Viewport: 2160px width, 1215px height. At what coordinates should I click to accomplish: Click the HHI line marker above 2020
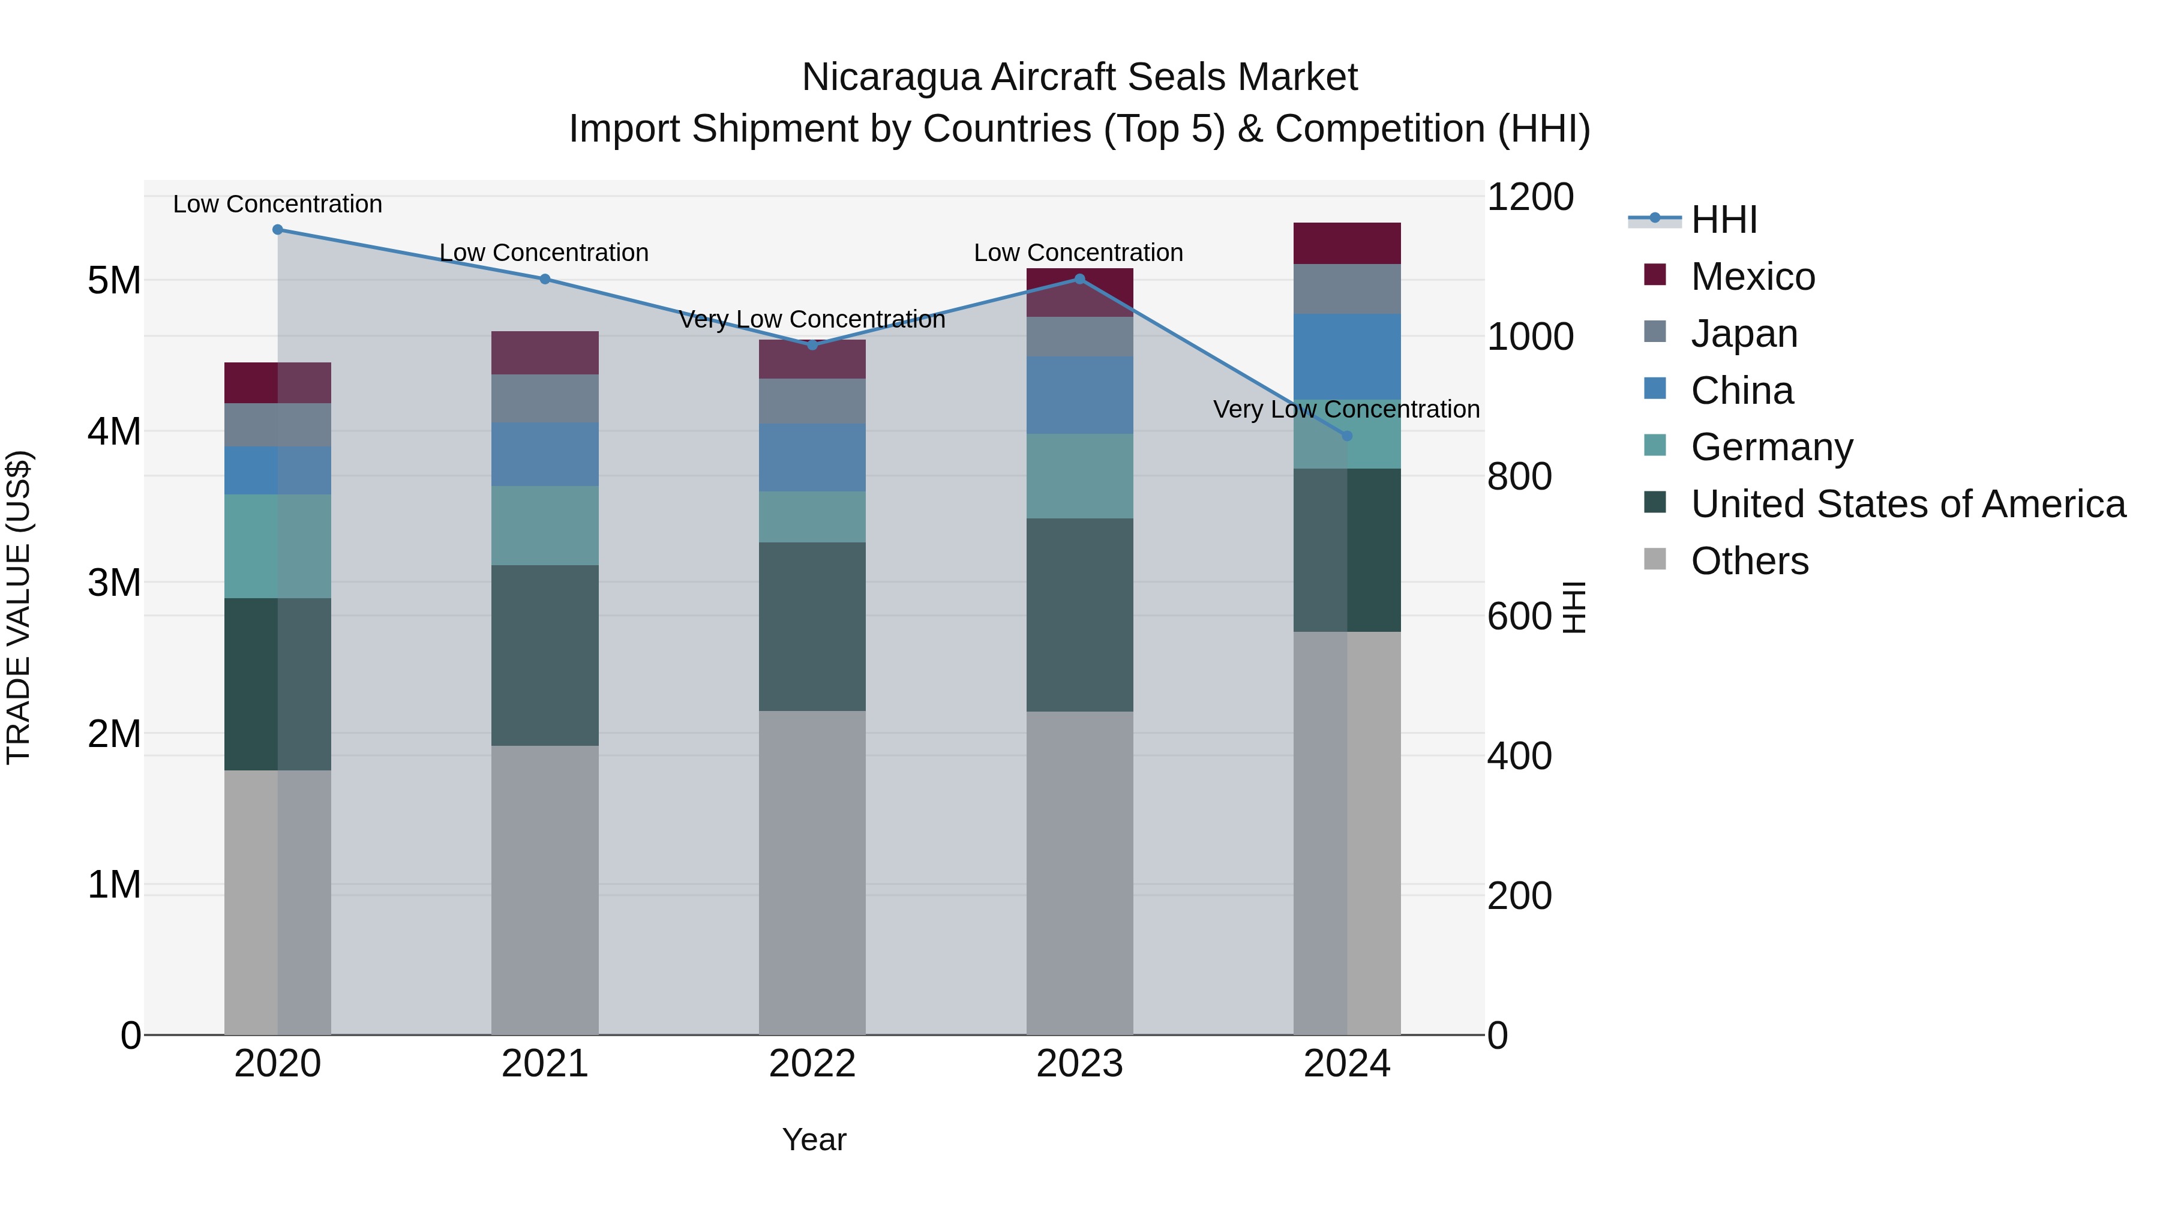pos(278,230)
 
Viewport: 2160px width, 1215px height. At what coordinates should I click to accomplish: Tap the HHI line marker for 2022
pos(812,344)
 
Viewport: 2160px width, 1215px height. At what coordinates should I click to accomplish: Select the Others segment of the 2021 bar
pos(544,889)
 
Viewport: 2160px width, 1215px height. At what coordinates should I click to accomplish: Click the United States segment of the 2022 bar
pos(812,626)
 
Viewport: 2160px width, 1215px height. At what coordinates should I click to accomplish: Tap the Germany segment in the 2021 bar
pos(544,526)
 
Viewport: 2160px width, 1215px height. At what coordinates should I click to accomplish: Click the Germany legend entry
pos(1771,447)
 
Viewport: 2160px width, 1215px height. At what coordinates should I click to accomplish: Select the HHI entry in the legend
pos(1723,220)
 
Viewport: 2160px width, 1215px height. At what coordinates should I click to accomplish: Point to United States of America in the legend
pos(1907,504)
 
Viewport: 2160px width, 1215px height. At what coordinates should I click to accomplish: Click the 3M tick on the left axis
pos(114,583)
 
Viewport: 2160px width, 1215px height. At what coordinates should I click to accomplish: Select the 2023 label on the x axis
pos(1079,1064)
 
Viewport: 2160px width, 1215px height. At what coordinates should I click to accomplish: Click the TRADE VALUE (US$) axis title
pos(19,607)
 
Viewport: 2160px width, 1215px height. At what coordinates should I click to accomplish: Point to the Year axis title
pos(814,1139)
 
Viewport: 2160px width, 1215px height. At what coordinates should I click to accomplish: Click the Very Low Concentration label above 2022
pos(812,319)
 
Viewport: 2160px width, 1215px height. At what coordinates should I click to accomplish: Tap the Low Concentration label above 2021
pos(544,253)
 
